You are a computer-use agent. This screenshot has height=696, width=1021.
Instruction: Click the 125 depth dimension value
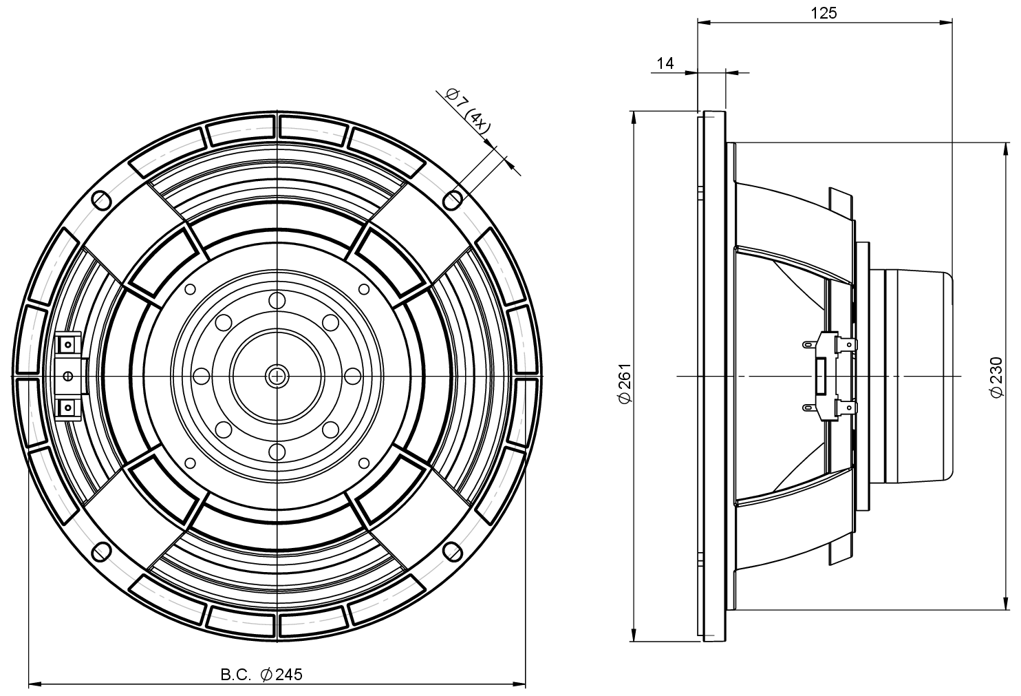point(824,12)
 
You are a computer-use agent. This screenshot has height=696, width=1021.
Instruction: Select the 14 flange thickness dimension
point(665,63)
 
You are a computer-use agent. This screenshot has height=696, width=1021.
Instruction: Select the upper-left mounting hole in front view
point(100,199)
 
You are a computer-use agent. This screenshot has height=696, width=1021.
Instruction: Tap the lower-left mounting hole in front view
point(100,552)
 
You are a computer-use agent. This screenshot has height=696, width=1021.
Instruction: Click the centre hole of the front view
point(277,376)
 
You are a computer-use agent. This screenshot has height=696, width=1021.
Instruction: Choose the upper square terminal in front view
point(68,344)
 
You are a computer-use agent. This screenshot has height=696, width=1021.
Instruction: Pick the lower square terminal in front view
point(68,408)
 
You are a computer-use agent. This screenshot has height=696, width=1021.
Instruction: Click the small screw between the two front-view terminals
point(67,376)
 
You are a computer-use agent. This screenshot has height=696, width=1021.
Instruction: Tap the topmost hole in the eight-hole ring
point(277,300)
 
